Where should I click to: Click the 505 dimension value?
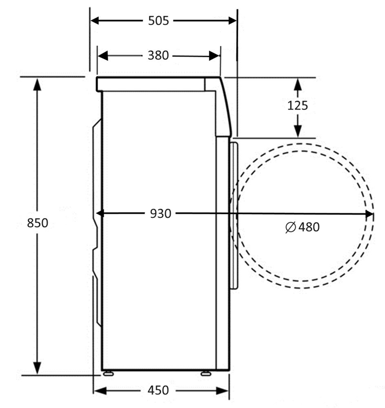pyautogui.click(x=158, y=21)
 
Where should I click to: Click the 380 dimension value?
pyautogui.click(x=158, y=55)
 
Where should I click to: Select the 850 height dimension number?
pyautogui.click(x=37, y=223)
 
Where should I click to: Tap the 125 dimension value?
pyautogui.click(x=297, y=105)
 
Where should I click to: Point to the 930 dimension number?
pyautogui.click(x=161, y=214)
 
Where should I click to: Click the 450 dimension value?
pyautogui.click(x=158, y=391)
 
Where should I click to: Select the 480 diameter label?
pyautogui.click(x=309, y=227)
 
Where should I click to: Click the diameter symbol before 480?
pyautogui.click(x=291, y=227)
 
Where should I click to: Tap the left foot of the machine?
pyautogui.click(x=108, y=374)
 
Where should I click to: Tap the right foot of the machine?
pyautogui.click(x=206, y=374)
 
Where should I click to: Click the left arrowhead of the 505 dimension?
pyautogui.click(x=94, y=21)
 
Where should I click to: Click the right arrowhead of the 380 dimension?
pyautogui.click(x=215, y=56)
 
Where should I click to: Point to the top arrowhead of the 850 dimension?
pyautogui.click(x=37, y=84)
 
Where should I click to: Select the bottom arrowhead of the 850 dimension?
pyautogui.click(x=37, y=368)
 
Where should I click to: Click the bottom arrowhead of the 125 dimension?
pyautogui.click(x=298, y=131)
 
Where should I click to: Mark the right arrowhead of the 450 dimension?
pyautogui.click(x=222, y=391)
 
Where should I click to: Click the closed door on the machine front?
pyautogui.click(x=234, y=215)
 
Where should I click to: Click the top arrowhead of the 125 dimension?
pyautogui.click(x=298, y=85)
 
